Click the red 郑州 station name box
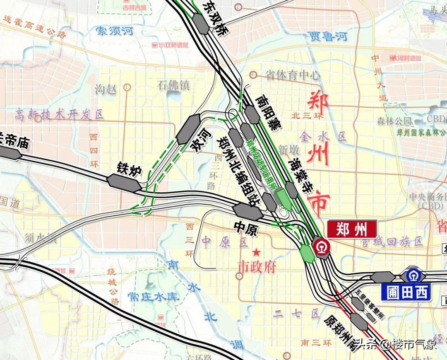click(x=351, y=229)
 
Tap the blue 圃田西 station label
click(x=409, y=292)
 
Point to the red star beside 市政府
click(x=257, y=251)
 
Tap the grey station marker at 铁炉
click(x=124, y=183)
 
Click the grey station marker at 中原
click(x=248, y=212)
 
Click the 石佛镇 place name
click(x=173, y=85)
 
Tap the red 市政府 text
click(x=257, y=266)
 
